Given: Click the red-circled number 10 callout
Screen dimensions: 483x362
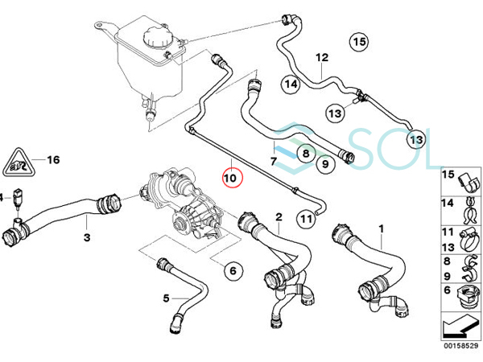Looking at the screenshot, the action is pos(233,177).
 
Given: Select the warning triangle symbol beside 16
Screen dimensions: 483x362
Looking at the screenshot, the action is pos(19,162).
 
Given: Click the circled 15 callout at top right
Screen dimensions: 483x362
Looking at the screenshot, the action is pos(359,42).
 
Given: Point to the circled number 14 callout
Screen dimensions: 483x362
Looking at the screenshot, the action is pos(291,84).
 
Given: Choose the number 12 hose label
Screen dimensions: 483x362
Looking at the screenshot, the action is pos(322,58).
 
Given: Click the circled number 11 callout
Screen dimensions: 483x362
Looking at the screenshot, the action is pos(306,219).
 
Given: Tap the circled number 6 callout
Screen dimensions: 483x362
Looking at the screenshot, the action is pos(233,271).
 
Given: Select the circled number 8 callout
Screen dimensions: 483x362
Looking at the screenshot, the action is pos(306,153).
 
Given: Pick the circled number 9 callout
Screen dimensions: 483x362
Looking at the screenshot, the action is pos(325,164).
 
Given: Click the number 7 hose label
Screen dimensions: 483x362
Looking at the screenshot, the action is pos(274,161).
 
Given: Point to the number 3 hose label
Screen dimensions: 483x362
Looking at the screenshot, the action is pos(87,237).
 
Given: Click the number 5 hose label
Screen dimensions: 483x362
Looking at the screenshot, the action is pos(167,298).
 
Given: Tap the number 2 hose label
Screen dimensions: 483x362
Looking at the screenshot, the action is pos(279,217).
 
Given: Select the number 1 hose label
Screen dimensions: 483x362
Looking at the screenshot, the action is pos(382,229).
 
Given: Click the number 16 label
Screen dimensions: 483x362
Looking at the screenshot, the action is pos(53,160).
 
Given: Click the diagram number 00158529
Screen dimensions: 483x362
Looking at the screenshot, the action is pos(460,346).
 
